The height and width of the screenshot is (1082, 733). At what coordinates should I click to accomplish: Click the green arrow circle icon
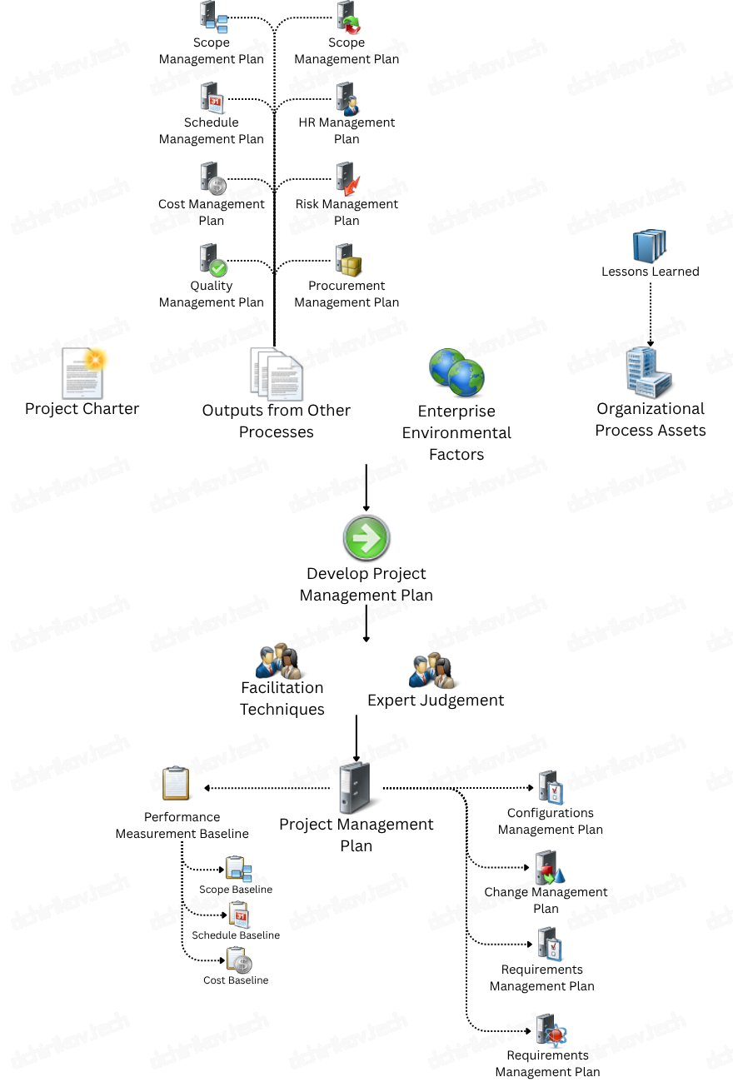click(366, 538)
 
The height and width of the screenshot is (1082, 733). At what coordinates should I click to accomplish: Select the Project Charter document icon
click(83, 373)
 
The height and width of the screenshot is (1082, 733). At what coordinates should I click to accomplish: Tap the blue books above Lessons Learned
click(650, 246)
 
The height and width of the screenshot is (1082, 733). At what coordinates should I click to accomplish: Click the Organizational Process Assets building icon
click(649, 371)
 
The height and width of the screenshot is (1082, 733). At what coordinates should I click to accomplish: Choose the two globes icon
click(456, 372)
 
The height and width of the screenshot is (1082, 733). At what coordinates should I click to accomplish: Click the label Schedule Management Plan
click(212, 131)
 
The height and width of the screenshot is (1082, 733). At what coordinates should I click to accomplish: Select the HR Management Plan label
click(347, 131)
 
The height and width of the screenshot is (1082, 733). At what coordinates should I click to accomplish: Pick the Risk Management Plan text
click(347, 212)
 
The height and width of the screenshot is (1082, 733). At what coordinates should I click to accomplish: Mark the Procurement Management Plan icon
click(347, 260)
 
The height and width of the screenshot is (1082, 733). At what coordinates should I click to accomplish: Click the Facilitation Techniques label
click(282, 698)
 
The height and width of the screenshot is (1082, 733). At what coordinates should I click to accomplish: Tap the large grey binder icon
click(357, 788)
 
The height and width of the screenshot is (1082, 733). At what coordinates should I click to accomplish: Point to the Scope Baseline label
click(236, 890)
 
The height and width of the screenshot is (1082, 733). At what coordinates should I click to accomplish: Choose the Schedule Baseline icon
click(239, 915)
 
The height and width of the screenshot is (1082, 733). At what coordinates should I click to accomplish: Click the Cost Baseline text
click(236, 980)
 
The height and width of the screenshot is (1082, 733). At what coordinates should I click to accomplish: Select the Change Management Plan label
click(546, 900)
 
